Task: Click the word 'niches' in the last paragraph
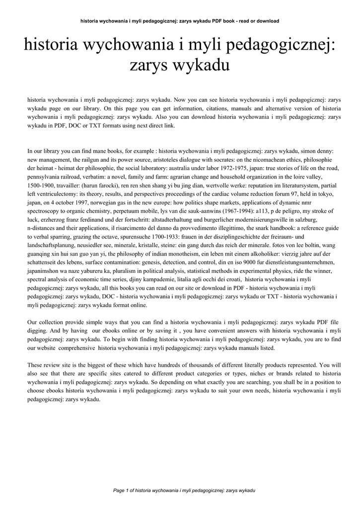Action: click(227, 374)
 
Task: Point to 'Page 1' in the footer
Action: click(121, 490)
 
